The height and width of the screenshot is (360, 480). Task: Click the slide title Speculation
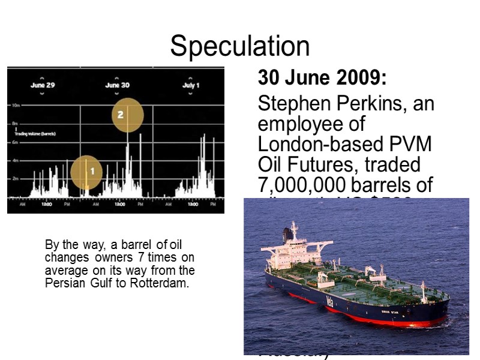(x=240, y=46)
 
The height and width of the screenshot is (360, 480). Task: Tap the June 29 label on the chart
(x=43, y=85)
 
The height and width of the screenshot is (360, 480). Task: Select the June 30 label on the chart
(x=117, y=85)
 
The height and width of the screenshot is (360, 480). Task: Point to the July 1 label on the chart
(x=191, y=85)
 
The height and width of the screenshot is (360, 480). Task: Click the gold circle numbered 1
(x=87, y=172)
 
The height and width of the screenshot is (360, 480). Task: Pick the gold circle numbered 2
(x=127, y=115)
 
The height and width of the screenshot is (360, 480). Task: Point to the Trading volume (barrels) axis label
(x=35, y=134)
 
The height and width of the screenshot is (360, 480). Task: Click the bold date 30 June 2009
(x=322, y=78)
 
